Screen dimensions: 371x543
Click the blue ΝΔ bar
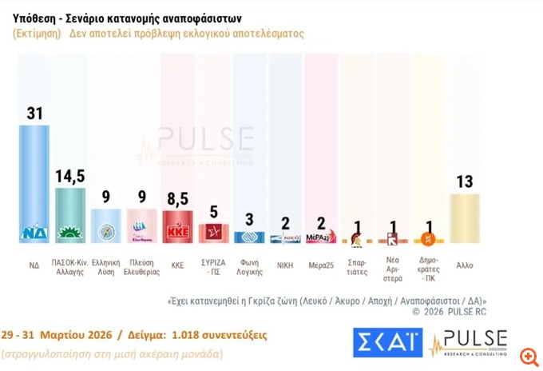pyautogui.click(x=34, y=184)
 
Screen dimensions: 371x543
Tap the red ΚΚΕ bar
pyautogui.click(x=177, y=226)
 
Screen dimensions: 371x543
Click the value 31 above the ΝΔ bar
pyautogui.click(x=34, y=114)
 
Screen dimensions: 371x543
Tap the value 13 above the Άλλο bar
pyautogui.click(x=464, y=182)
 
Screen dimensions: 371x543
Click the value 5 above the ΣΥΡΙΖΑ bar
pyautogui.click(x=213, y=212)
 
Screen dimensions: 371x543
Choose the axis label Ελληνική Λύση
pyautogui.click(x=106, y=265)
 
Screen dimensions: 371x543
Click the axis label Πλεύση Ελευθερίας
pyautogui.click(x=142, y=265)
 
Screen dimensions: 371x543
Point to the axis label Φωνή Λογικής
pyautogui.click(x=249, y=265)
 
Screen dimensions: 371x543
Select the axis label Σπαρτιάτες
pyautogui.click(x=357, y=265)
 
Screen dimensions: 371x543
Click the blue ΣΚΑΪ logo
pyautogui.click(x=387, y=341)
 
